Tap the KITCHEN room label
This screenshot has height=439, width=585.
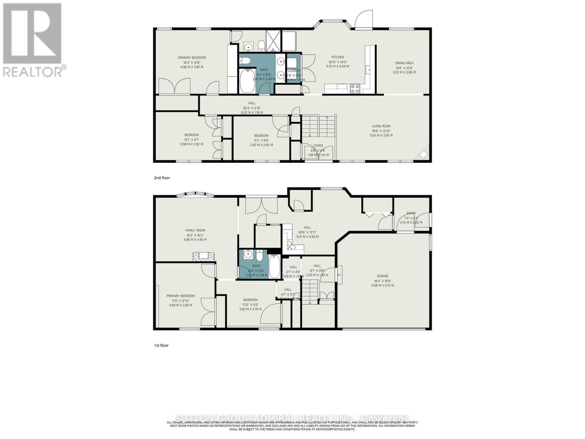click(x=337, y=57)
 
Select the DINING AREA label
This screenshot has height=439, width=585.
click(x=404, y=63)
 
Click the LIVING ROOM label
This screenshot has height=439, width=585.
click(x=381, y=126)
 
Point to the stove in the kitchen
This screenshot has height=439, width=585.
click(x=355, y=88)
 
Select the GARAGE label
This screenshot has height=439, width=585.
click(x=383, y=276)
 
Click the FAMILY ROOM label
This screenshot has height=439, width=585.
click(x=195, y=230)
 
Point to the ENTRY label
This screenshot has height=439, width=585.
click(x=411, y=213)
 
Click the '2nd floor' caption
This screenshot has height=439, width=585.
click(x=162, y=178)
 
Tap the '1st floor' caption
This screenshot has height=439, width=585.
click(x=161, y=345)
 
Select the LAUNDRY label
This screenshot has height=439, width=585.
click(x=294, y=71)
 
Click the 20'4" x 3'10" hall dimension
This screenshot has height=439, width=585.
click(x=252, y=108)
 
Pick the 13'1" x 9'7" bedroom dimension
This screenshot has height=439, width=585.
click(x=191, y=139)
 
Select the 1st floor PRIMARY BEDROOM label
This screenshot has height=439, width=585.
click(x=181, y=296)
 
